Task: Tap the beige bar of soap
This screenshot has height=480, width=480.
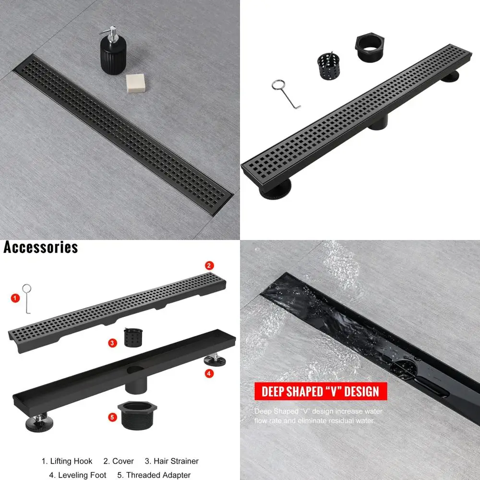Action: (x=135, y=83)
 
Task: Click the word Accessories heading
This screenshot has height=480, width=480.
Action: (x=41, y=248)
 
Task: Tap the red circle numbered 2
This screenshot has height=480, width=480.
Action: (x=209, y=265)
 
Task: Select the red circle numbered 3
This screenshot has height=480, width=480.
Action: (x=112, y=343)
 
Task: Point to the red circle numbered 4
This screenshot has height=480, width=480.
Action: (x=209, y=372)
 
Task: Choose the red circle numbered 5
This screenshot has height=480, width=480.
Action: (x=112, y=418)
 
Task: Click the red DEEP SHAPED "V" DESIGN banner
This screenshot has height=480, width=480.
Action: (x=320, y=391)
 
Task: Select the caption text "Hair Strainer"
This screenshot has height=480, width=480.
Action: (x=176, y=461)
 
